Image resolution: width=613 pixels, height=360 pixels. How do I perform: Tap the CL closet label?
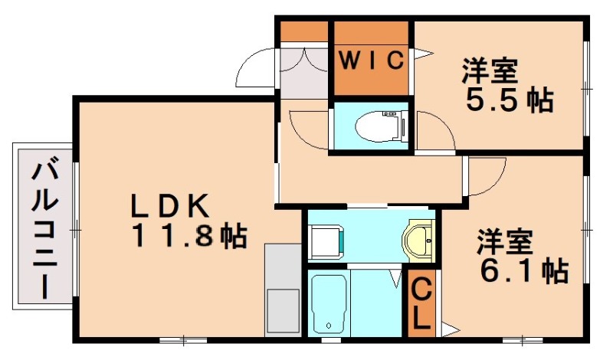coord(421,304)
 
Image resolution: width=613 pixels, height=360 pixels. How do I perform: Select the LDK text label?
coord(169,205)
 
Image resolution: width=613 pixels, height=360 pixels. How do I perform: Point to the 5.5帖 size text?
coord(508,100)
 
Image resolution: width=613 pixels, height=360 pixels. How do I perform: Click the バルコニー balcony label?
coord(41,225)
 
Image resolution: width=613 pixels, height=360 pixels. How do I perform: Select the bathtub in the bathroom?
coord(330,303)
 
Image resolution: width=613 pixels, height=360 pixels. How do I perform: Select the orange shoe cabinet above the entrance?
coord(303,32)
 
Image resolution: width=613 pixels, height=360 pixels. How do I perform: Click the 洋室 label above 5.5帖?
coord(490,71)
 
